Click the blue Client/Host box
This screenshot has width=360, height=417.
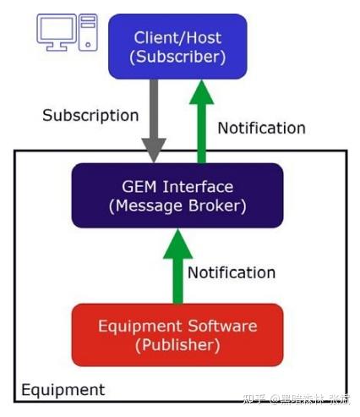coord(177,47)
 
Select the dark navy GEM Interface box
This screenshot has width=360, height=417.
coord(177,195)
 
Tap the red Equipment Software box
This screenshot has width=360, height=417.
coord(177,334)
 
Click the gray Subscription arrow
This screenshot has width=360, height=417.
coord(154,118)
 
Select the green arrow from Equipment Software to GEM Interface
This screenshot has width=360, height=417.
coord(177,266)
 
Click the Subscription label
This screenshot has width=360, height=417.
coord(90,115)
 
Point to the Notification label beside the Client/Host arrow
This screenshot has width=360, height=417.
coord(261,129)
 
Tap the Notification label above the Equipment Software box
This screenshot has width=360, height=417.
coord(231,272)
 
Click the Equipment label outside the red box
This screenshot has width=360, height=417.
coord(63,390)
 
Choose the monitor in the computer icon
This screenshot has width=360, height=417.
coord(57,30)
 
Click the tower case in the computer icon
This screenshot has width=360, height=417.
coord(88,30)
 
